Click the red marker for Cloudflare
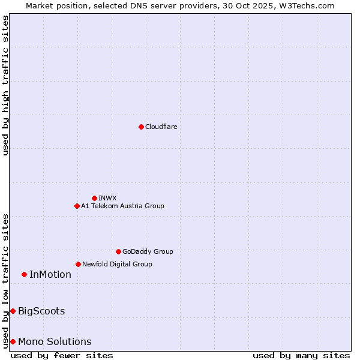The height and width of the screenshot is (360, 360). (141, 127)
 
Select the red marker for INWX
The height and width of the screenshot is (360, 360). (94, 198)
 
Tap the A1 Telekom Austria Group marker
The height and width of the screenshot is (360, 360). (77, 206)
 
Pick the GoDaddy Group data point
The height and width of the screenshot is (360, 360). (118, 251)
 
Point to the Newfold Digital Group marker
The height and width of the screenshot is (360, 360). (78, 264)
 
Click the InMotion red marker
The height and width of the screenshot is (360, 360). (24, 274)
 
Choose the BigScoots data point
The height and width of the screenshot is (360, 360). (13, 311)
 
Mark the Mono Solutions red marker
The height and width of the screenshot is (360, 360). (13, 341)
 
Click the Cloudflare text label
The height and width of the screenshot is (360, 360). (161, 127)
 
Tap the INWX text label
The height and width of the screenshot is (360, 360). (107, 198)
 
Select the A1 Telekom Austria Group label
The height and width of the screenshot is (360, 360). (122, 206)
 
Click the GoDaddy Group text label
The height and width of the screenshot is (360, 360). (148, 251)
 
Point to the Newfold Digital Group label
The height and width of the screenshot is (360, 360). (117, 264)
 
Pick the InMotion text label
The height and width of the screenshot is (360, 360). (50, 274)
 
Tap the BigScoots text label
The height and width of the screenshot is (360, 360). (41, 311)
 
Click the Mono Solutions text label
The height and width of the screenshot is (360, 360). (55, 341)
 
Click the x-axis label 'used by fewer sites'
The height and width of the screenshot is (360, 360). (62, 355)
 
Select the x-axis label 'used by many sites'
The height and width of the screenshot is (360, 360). (301, 355)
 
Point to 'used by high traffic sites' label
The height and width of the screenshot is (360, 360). (5, 85)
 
